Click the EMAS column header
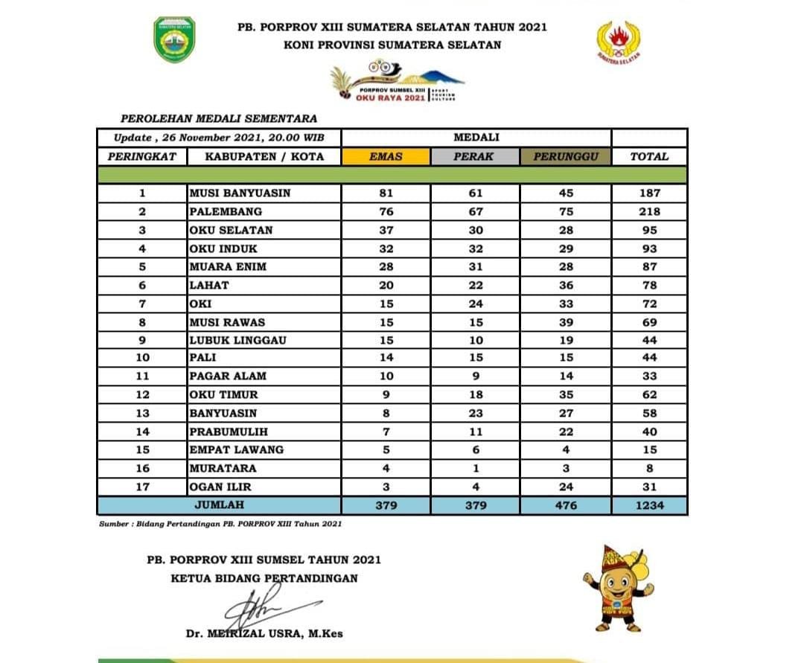coord(386,156)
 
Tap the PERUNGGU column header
coord(565,156)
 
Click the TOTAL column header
coord(649,156)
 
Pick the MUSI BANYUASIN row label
coord(239,193)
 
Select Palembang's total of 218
coord(649,211)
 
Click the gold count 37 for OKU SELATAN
coord(386,230)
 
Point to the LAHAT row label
coord(209,285)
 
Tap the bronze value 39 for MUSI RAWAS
coord(565,322)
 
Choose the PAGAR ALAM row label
coord(228,377)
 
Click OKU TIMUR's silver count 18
coord(476,395)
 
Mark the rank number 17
coord(142,487)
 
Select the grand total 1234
coord(649,506)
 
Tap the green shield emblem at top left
coord(174,40)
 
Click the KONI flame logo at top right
coord(619,42)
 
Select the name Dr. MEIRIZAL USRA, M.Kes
coord(264,634)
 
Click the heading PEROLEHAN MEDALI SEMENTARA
coord(218,118)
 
